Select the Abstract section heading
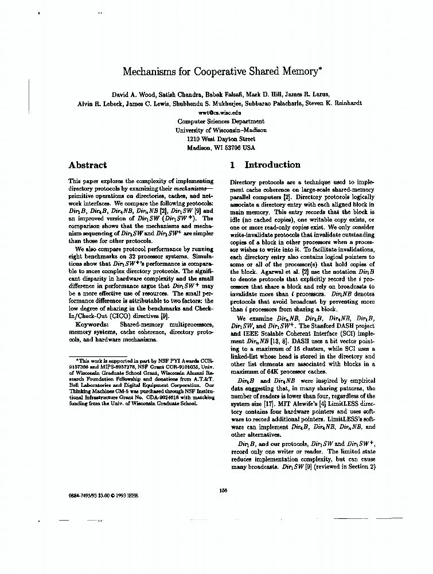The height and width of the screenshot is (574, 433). coord(87,165)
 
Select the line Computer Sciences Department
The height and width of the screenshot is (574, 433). coord(221,122)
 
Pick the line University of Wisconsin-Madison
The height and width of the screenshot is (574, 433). coord(221,130)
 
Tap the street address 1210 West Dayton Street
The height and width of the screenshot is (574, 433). coord(221,139)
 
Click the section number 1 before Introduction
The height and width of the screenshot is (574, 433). coord(232,165)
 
